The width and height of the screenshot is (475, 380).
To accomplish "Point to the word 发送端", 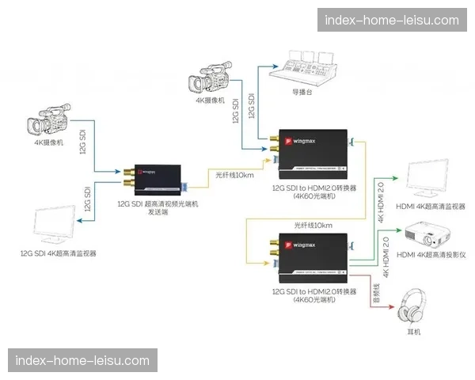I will pos(157,212).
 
